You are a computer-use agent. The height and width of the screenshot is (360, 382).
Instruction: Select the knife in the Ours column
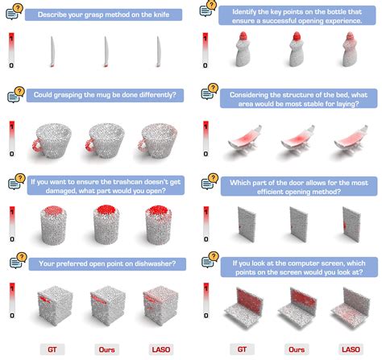[x=106, y=54]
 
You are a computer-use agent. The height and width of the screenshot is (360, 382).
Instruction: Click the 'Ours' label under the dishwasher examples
[x=105, y=349]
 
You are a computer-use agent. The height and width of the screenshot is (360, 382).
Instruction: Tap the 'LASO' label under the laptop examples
[x=347, y=349]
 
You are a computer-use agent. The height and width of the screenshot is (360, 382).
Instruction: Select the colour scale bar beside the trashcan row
[x=11, y=216]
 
